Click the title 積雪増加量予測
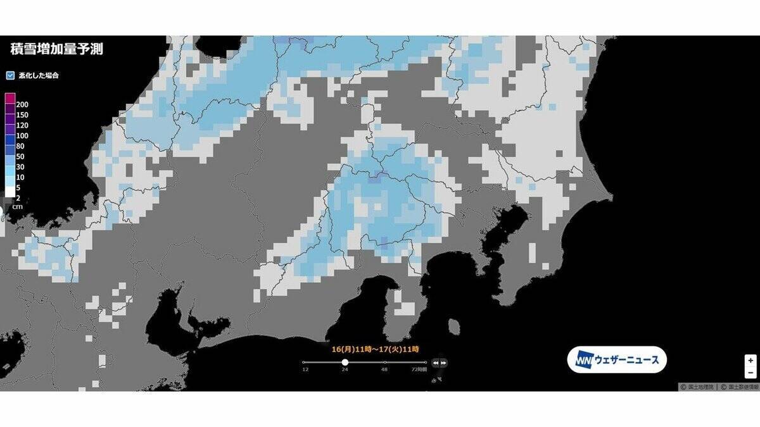click(57, 49)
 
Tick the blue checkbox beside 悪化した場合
click(10, 75)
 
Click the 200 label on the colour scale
click(22, 104)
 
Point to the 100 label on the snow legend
click(22, 135)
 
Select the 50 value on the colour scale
click(20, 156)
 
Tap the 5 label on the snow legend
click(18, 187)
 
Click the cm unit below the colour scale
click(18, 207)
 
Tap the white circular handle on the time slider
click(345, 362)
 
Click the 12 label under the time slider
click(305, 369)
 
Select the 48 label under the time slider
click(384, 369)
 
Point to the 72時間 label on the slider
click(420, 369)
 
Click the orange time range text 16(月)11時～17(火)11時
click(376, 349)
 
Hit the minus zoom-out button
click(750, 373)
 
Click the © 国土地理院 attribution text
click(697, 386)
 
